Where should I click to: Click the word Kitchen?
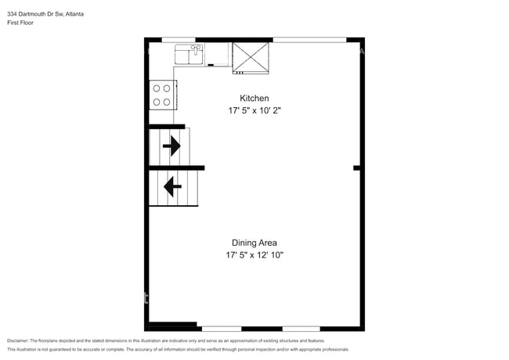point(254,99)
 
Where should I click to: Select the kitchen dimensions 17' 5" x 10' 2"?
point(254,111)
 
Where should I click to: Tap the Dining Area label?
point(254,243)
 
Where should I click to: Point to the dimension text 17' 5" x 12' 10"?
point(254,255)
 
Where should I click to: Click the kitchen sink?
point(189,55)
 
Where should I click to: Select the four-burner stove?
point(162,95)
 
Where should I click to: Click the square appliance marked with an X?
point(251,57)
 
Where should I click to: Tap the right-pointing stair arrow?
point(171,145)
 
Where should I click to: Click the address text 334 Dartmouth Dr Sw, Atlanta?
point(46,14)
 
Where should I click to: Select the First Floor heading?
point(20,23)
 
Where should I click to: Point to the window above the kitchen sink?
point(178,39)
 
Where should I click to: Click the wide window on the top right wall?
point(309,39)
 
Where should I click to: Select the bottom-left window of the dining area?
point(221,328)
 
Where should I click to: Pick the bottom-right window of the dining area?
point(301,328)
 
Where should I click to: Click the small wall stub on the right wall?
point(357,167)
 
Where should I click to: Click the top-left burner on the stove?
point(157,88)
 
